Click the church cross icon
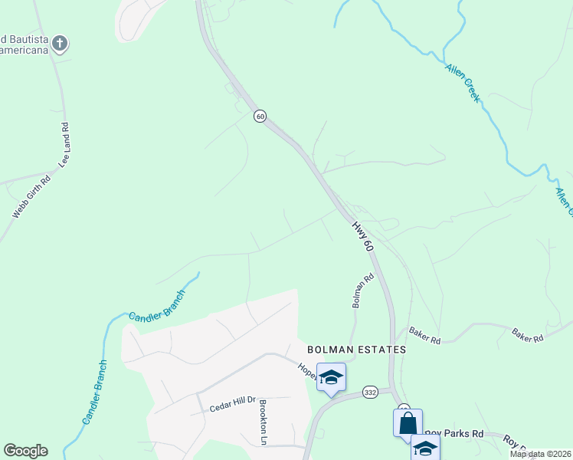(61, 44)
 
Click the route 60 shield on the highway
(260, 116)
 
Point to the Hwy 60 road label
(362, 236)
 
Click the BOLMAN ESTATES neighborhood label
(355, 349)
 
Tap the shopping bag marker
(408, 422)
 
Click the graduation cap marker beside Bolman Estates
(331, 377)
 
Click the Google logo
(25, 451)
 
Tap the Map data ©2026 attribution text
(539, 454)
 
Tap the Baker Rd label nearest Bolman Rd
(424, 335)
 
